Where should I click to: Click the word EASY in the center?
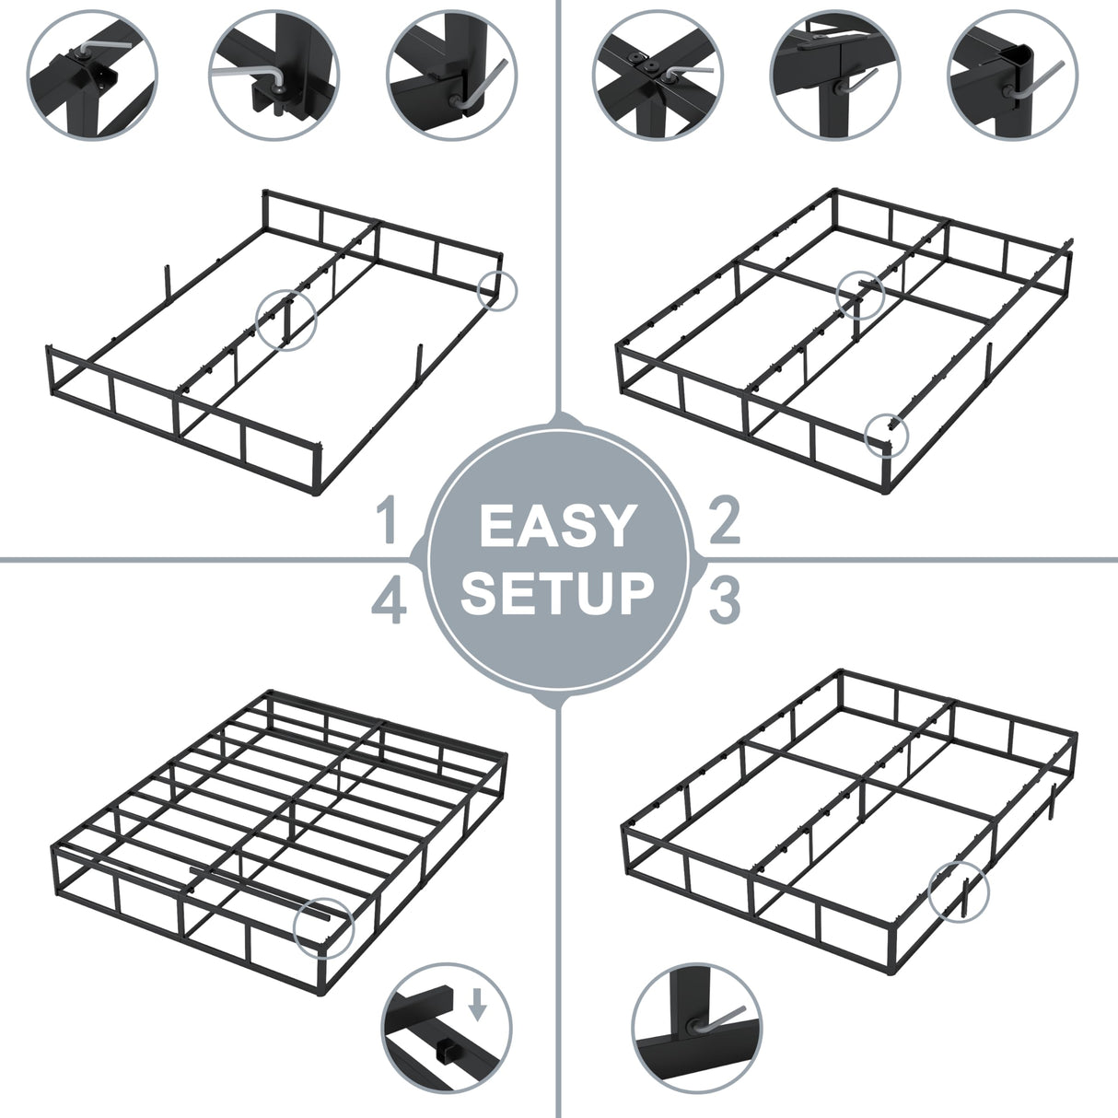(557, 526)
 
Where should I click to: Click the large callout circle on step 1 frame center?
(285, 319)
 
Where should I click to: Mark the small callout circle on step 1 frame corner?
(498, 291)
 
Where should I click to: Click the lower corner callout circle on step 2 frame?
(887, 433)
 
